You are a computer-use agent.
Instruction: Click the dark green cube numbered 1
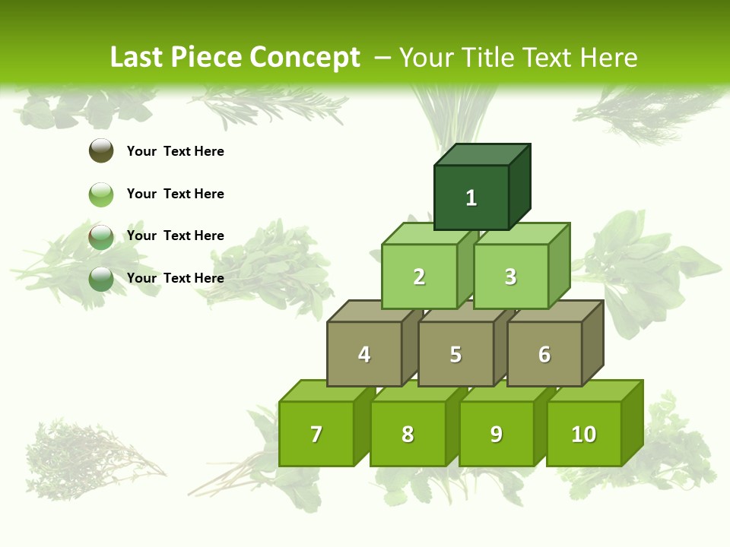[471, 198]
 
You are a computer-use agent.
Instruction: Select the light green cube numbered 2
[419, 277]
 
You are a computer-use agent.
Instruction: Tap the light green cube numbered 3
[510, 277]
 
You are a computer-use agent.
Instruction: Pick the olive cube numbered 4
[364, 354]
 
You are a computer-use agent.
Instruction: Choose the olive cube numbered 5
[455, 354]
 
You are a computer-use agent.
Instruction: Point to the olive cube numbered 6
[544, 354]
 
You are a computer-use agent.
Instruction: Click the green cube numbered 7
[316, 434]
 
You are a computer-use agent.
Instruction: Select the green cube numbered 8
[408, 434]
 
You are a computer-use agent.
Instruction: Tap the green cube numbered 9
[497, 434]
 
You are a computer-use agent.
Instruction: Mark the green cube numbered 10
[584, 434]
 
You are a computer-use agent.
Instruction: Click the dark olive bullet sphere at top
[101, 150]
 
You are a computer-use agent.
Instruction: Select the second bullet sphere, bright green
[101, 194]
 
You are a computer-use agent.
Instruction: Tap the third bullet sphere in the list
[101, 236]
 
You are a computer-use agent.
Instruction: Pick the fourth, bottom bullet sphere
[101, 279]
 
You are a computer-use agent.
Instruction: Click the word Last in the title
[138, 57]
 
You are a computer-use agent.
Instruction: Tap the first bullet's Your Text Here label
[176, 151]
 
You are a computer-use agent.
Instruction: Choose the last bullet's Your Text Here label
[176, 278]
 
